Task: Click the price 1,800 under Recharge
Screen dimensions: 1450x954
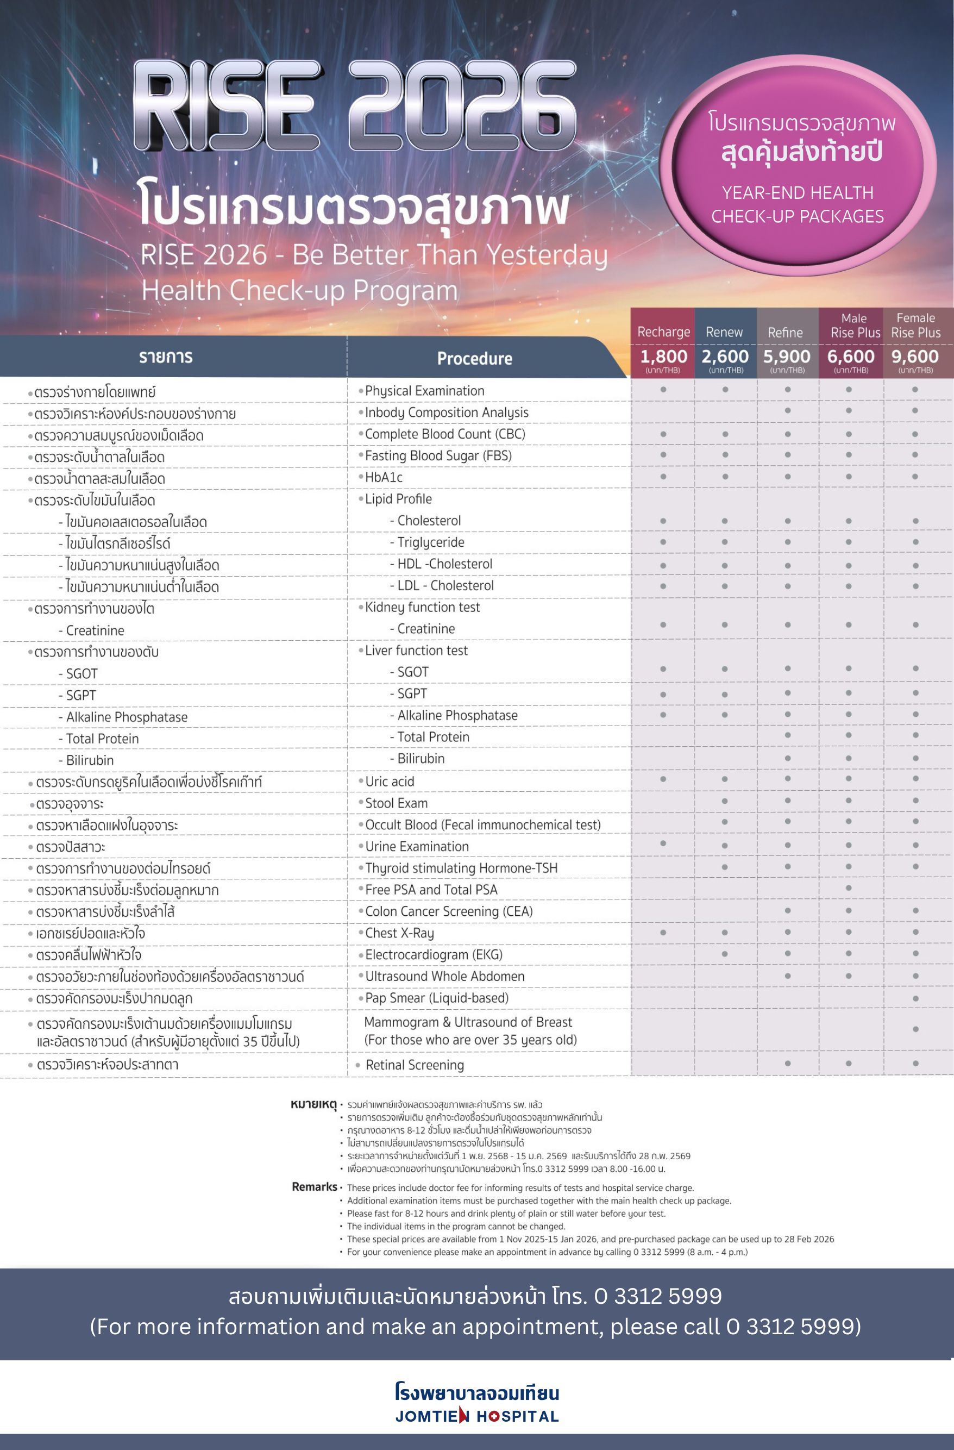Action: (x=663, y=357)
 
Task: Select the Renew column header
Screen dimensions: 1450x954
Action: (x=724, y=332)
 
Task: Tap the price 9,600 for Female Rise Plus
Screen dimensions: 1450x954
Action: (x=915, y=357)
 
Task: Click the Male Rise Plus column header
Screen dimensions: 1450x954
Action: (x=855, y=326)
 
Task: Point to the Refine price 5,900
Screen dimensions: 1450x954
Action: (x=787, y=357)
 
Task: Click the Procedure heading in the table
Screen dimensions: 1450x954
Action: (x=475, y=358)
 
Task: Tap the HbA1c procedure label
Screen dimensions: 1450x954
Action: (x=383, y=477)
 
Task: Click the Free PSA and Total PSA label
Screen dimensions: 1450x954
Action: (x=431, y=890)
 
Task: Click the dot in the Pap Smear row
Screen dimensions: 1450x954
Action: (x=915, y=998)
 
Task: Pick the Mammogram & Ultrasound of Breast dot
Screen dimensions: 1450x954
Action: (x=915, y=1029)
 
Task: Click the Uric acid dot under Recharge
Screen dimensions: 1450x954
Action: (x=663, y=779)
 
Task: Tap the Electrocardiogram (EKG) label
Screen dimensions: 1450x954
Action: (x=434, y=955)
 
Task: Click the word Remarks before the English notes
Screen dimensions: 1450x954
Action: (x=315, y=1187)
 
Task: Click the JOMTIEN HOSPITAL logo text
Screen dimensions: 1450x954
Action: (x=476, y=1416)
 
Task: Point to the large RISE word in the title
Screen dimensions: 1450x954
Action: (x=227, y=106)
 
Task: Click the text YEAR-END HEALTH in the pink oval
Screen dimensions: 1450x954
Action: (x=798, y=192)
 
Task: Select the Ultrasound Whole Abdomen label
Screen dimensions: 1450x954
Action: (x=445, y=976)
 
